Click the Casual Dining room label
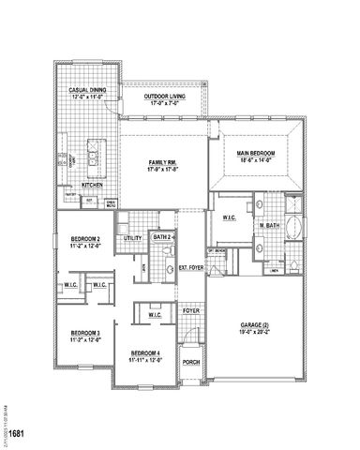tap(85, 90)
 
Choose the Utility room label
tap(132, 238)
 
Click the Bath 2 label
tap(162, 238)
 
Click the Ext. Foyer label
tap(191, 267)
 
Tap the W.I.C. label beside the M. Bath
tap(230, 218)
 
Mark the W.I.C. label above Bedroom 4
tap(156, 315)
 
